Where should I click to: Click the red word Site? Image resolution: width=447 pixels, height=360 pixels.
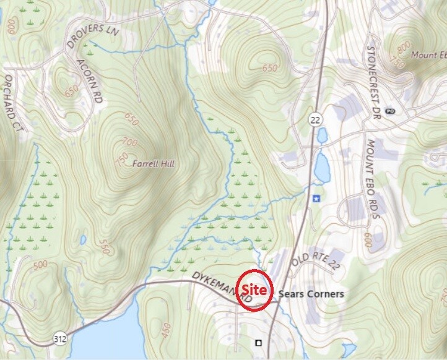coord(254,289)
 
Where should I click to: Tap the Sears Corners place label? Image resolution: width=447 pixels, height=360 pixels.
coord(311,294)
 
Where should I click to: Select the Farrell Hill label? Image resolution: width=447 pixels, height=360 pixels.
coord(154,164)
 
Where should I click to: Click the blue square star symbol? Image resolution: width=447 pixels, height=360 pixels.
coord(317,199)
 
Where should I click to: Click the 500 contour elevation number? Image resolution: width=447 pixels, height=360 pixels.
coord(40,265)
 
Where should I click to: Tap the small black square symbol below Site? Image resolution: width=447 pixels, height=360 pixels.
coord(259,342)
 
